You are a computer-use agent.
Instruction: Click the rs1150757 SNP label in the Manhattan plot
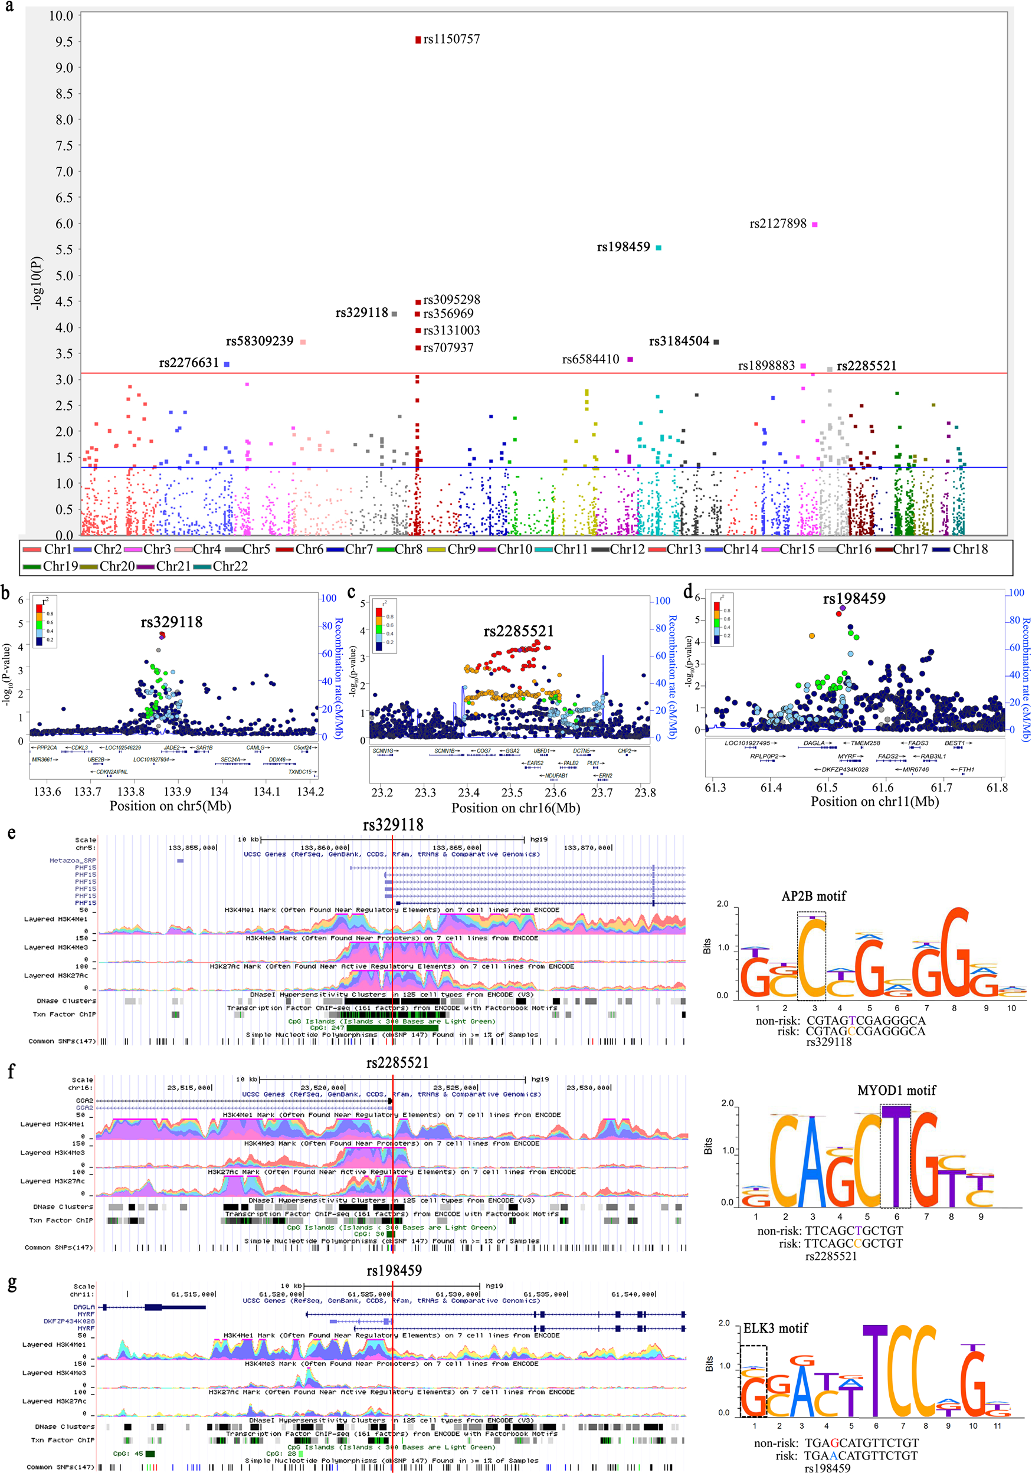click(451, 39)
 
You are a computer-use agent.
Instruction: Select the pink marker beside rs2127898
click(815, 225)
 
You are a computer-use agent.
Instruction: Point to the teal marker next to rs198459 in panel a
click(658, 248)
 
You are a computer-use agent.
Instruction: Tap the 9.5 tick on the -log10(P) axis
click(64, 42)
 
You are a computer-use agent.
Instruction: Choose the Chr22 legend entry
click(230, 566)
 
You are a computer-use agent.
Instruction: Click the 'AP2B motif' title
click(813, 896)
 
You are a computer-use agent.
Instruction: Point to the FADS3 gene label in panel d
click(918, 743)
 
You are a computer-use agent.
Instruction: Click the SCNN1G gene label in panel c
click(383, 750)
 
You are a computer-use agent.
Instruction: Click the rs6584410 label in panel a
click(591, 359)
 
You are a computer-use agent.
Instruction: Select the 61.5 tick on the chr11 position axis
click(827, 788)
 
